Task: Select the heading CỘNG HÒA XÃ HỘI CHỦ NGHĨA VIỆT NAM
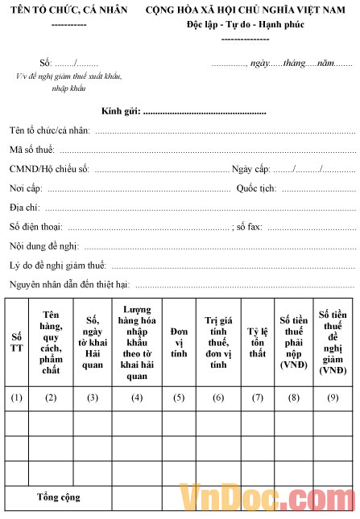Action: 250,10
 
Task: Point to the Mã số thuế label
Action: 31,149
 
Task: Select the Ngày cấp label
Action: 250,169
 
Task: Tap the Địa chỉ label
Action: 25,208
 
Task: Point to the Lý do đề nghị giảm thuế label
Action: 58,266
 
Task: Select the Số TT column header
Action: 17,342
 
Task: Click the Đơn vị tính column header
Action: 179,342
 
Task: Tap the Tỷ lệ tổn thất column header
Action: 257,342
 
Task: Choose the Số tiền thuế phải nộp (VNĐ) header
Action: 295,342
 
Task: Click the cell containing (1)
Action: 17,397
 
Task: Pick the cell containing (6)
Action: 218,397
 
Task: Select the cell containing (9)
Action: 333,397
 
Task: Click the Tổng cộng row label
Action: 58,497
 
